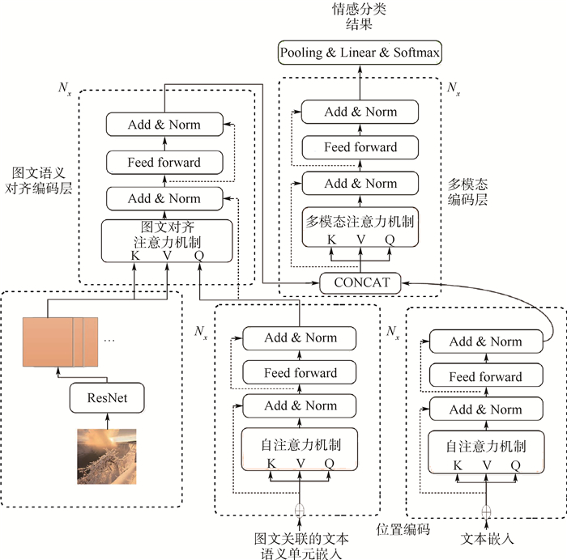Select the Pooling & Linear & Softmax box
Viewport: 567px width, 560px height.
[x=360, y=53]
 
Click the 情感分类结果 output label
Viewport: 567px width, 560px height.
[x=361, y=17]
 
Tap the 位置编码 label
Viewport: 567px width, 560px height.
[x=403, y=530]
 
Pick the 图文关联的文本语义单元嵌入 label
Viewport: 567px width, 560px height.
[x=299, y=544]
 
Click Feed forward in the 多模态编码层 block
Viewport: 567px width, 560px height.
[x=360, y=147]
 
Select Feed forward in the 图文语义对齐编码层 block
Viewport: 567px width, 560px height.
[x=164, y=162]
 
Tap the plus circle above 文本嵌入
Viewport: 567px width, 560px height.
[x=486, y=511]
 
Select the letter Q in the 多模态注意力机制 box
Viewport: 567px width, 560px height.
[x=390, y=240]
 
